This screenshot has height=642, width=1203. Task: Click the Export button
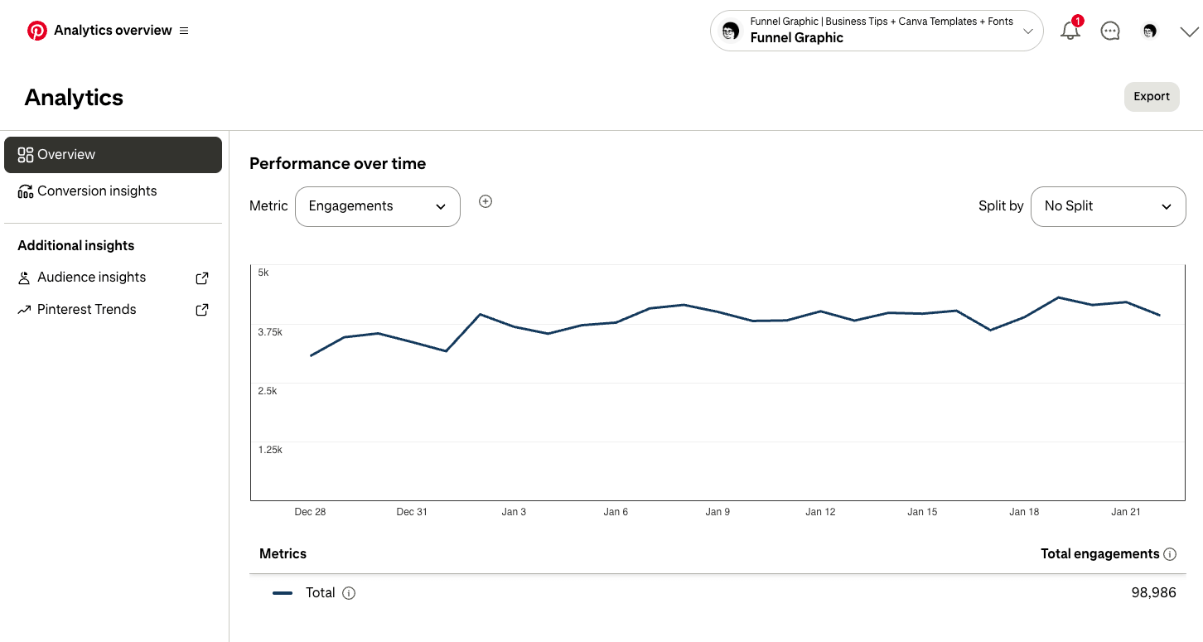click(1151, 97)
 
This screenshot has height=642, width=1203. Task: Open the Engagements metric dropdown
click(377, 206)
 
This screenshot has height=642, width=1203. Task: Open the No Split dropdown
click(1108, 206)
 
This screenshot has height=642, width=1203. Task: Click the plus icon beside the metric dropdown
click(486, 201)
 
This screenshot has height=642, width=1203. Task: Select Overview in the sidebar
click(113, 155)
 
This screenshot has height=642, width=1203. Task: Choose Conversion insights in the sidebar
click(97, 191)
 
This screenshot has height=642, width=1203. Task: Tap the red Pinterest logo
click(37, 31)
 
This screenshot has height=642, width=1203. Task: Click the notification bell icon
click(1070, 31)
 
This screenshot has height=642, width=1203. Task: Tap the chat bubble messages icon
click(1110, 31)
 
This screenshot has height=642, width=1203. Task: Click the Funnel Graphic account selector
click(876, 31)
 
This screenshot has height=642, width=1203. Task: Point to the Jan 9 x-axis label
click(717, 512)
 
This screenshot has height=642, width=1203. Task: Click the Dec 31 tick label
click(412, 512)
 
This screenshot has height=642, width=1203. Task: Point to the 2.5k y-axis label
click(268, 391)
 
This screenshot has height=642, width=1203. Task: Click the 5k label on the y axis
click(263, 273)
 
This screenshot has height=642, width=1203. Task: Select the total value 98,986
click(1153, 593)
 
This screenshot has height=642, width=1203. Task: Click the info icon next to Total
click(349, 593)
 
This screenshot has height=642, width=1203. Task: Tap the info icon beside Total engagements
click(1170, 554)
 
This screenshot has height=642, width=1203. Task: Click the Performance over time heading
click(337, 164)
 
